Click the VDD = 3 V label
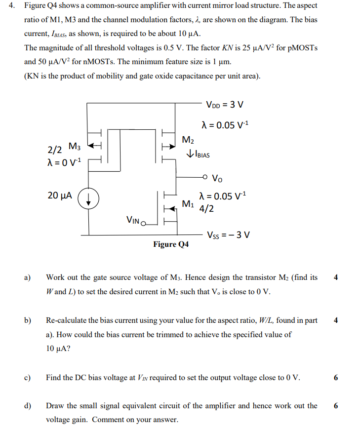pos(225,105)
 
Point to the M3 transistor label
pos(74,147)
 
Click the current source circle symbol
pos(89,200)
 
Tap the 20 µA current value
pos(60,195)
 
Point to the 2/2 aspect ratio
pos(54,150)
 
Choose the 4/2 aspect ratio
pos(206,208)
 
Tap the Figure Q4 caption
pos(170,244)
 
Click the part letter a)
pos(28,277)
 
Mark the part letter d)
pos(28,406)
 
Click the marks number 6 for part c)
pos(336,378)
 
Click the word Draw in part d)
pos(55,406)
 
